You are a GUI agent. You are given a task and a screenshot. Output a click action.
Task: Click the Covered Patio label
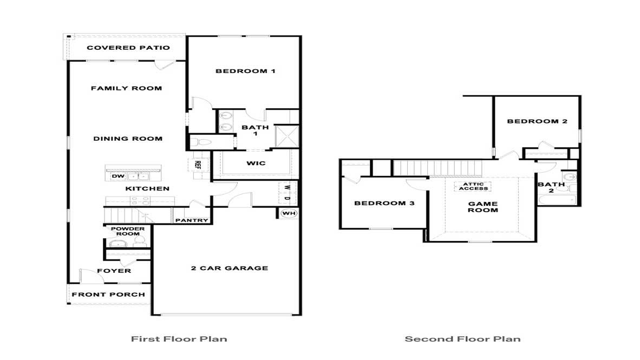(128, 48)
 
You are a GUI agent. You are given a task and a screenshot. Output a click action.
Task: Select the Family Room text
(126, 88)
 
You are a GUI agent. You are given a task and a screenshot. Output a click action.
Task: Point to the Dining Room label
(128, 139)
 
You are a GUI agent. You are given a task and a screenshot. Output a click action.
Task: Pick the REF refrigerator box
(198, 165)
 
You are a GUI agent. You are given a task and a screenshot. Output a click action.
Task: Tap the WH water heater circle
(289, 213)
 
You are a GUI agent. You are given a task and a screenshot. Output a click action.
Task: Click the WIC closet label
(256, 163)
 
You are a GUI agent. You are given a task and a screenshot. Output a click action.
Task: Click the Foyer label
(114, 271)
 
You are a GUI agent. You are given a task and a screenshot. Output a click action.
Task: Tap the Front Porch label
(108, 294)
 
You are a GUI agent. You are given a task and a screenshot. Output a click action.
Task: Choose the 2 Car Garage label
(229, 268)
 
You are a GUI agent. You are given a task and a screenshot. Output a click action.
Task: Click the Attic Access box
(473, 186)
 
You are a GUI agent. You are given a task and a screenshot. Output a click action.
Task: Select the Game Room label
(482, 207)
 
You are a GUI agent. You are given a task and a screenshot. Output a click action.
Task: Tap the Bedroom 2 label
(537, 121)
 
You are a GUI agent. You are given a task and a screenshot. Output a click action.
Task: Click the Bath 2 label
(551, 187)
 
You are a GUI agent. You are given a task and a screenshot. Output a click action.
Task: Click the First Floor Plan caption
(179, 339)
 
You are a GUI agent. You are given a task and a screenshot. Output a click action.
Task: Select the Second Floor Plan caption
(462, 339)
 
